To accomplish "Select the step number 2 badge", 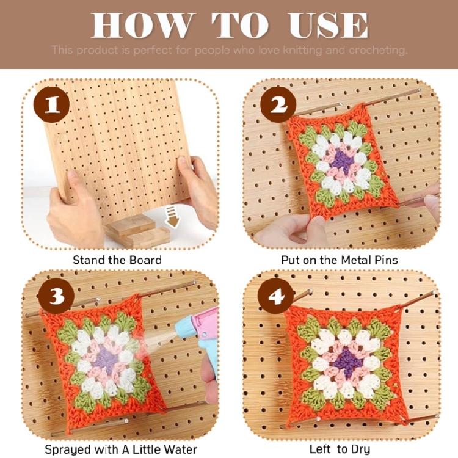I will point(278,105).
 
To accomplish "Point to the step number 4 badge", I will point(276,297).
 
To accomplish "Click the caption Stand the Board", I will point(117,260).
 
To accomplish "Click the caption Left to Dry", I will point(340,449).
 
